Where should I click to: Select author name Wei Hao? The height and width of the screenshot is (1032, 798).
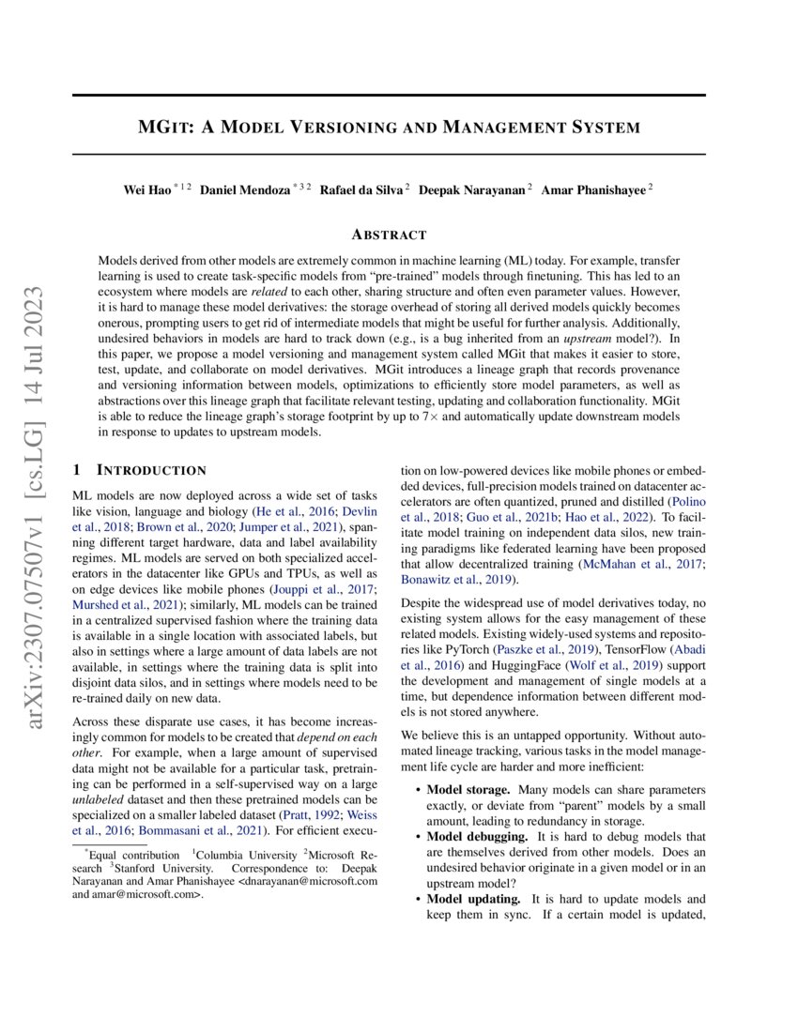click(x=147, y=190)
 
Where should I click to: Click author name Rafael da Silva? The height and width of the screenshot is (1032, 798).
click(x=361, y=190)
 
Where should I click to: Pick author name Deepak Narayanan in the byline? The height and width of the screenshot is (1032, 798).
click(x=471, y=190)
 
